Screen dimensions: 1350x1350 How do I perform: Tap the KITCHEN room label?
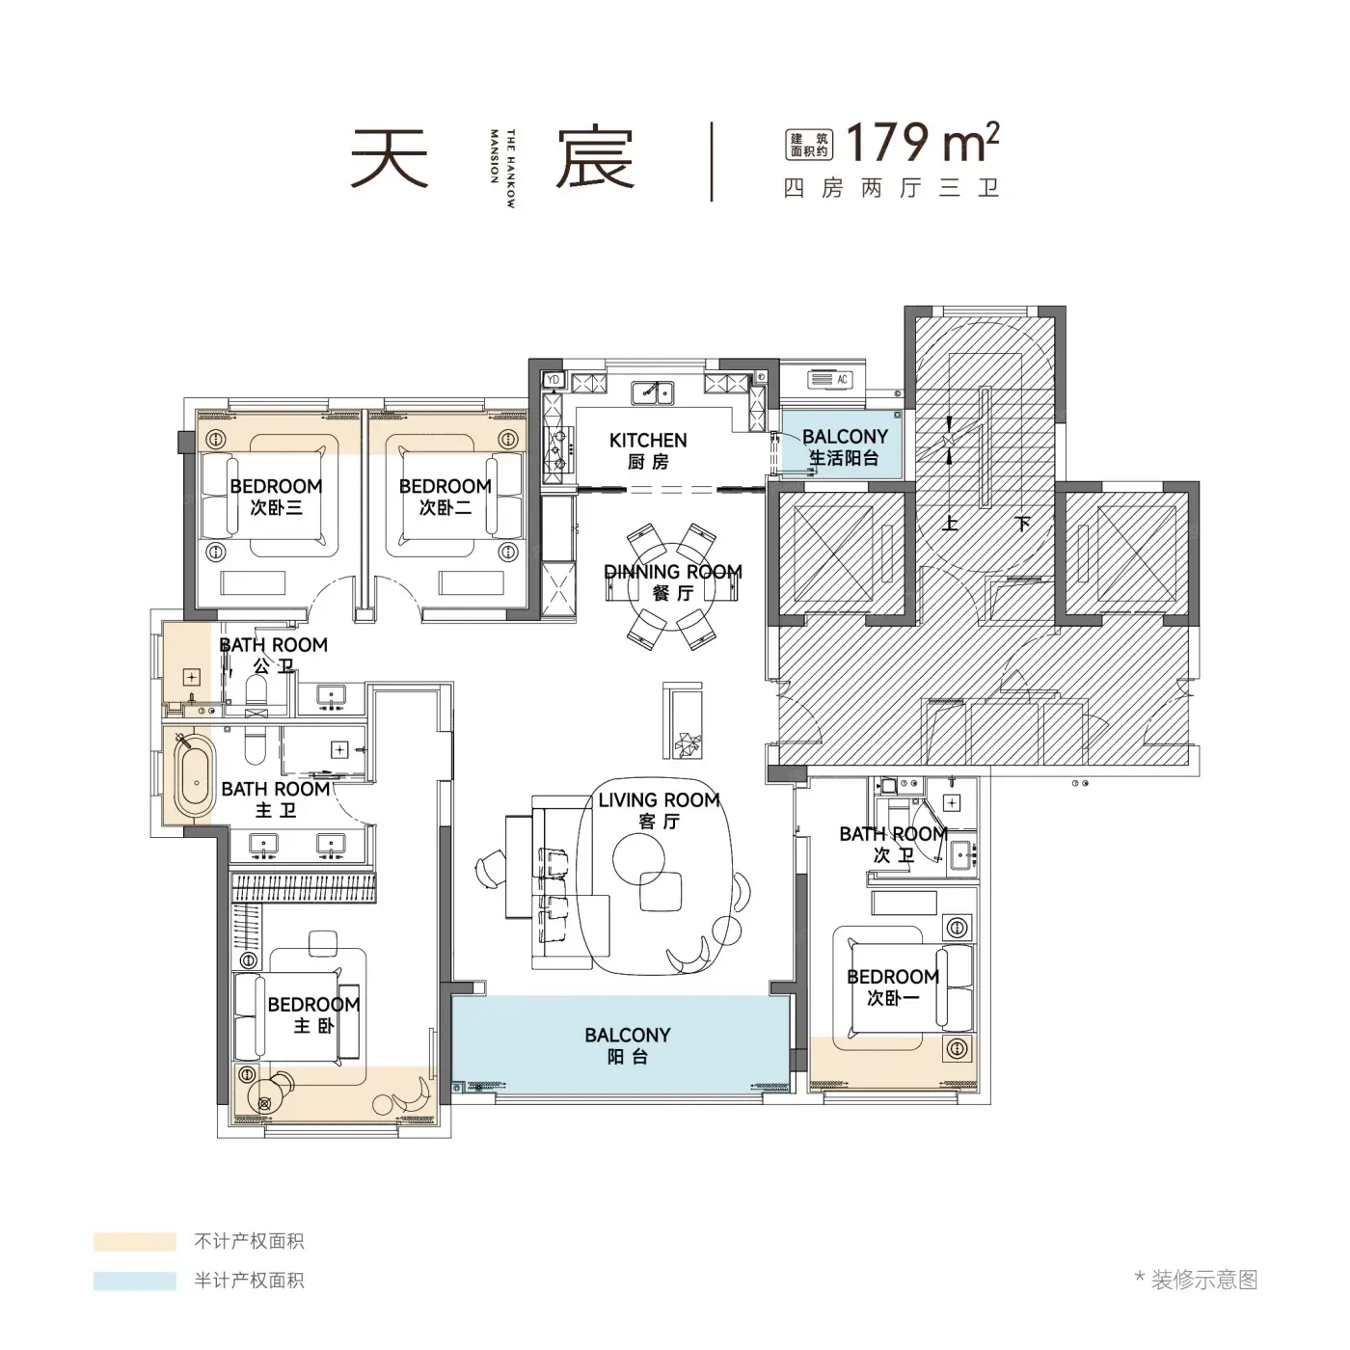coord(648,441)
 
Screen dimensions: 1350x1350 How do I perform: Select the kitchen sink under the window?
coord(652,393)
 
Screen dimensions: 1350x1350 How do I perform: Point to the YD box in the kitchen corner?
coord(553,380)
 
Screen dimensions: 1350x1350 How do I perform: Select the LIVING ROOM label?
coord(659,800)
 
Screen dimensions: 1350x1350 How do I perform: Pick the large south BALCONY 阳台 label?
coord(628,1045)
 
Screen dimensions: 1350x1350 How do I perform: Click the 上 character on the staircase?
coord(949,524)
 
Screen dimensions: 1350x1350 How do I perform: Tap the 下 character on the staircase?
coord(1022,524)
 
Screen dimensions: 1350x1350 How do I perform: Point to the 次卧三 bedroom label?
coord(276,507)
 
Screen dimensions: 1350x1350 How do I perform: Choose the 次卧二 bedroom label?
coord(445,507)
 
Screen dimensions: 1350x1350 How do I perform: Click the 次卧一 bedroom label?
coord(893,998)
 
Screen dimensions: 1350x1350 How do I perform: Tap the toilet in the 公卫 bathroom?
coord(255,694)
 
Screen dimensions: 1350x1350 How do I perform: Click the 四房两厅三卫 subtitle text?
coord(891,188)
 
